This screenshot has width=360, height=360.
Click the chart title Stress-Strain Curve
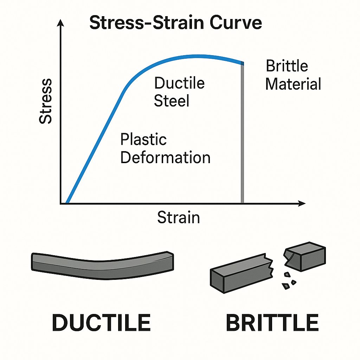[175, 23]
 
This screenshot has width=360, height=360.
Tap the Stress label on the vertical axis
[46, 101]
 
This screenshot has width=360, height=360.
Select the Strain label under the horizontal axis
[178, 217]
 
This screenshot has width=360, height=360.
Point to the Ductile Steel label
[179, 92]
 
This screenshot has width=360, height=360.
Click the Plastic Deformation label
[165, 148]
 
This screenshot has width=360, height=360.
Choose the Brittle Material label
[293, 75]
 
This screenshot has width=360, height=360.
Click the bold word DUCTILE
[101, 323]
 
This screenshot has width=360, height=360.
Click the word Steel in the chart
[172, 101]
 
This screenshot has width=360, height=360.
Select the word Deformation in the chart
[165, 157]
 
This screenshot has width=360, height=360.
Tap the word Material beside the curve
[293, 84]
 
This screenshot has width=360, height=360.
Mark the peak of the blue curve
[197, 56]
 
